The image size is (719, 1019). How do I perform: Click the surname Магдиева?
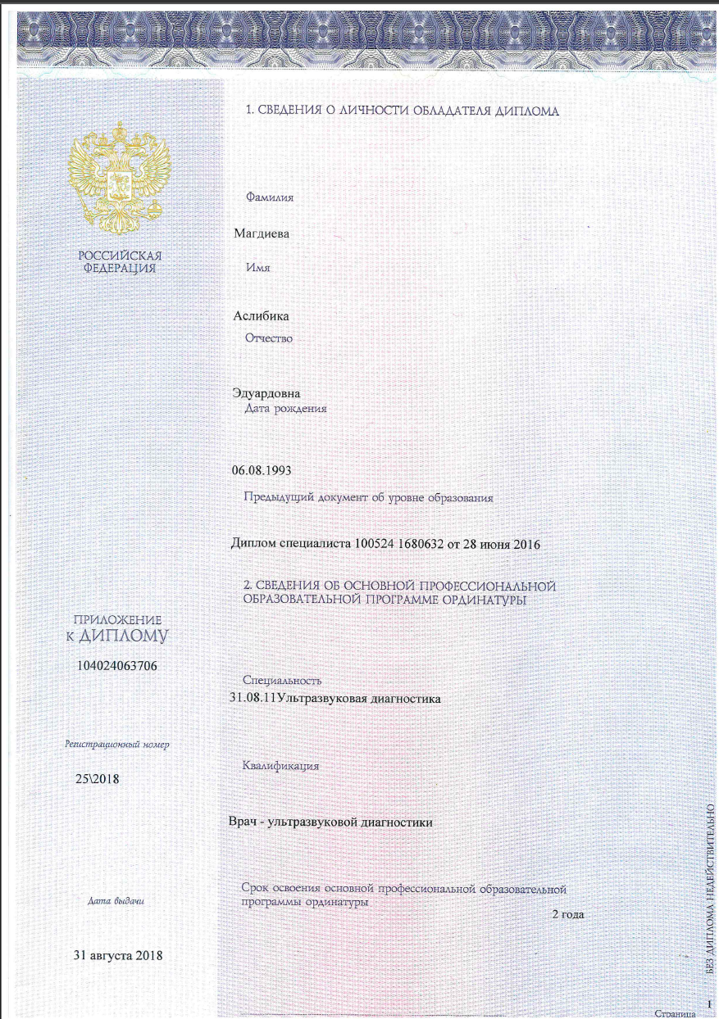(x=262, y=233)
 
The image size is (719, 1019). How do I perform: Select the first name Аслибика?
(x=261, y=315)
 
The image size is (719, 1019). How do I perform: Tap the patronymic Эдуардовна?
(x=267, y=393)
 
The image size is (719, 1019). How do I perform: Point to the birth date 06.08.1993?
(x=262, y=470)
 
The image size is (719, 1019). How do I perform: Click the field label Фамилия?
(x=270, y=197)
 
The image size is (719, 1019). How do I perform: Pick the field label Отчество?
(x=269, y=337)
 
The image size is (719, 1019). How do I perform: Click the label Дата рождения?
(x=286, y=407)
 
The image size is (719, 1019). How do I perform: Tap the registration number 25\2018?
(x=98, y=778)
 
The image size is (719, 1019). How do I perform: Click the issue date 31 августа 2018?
(x=118, y=955)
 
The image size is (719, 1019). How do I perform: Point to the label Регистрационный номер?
(x=117, y=745)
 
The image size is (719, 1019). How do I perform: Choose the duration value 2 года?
(x=567, y=914)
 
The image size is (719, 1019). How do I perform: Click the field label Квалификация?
(x=280, y=766)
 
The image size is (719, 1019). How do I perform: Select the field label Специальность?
(x=283, y=681)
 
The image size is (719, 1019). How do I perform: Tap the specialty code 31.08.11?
(x=252, y=699)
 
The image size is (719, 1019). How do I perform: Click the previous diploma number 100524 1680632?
(x=403, y=544)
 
